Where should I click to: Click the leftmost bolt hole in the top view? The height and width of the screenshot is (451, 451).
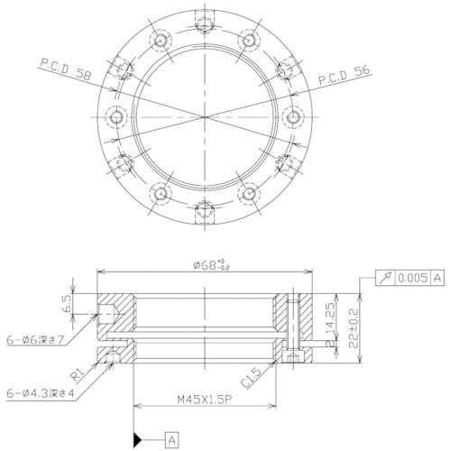tap(115, 117)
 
